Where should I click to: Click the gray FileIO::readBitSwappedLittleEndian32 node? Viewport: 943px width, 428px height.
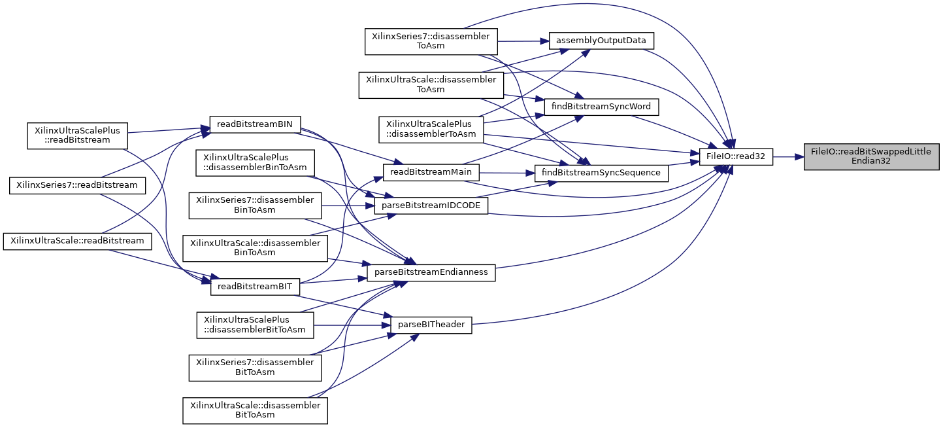tap(871, 156)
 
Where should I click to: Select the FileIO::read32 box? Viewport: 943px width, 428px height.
tap(736, 156)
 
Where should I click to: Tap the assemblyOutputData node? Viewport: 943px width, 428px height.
tap(601, 41)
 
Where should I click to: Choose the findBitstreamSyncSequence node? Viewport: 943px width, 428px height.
tap(601, 173)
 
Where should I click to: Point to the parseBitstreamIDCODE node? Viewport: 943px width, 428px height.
tap(431, 206)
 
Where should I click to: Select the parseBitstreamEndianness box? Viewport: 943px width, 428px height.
tap(431, 272)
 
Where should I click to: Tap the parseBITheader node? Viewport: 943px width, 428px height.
tap(431, 325)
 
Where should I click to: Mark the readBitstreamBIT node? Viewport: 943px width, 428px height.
tap(254, 286)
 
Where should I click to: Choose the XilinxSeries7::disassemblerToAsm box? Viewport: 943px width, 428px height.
tap(431, 41)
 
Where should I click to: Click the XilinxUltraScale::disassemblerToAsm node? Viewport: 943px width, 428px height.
tap(431, 84)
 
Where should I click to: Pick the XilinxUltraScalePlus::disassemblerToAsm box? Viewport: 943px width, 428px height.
tap(431, 129)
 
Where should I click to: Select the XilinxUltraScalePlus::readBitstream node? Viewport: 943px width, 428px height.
tap(77, 135)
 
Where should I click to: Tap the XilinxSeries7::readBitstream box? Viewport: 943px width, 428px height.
tap(77, 185)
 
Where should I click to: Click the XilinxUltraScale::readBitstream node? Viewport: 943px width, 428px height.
tap(77, 240)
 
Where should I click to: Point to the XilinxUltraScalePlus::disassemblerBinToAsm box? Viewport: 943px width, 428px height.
tap(256, 162)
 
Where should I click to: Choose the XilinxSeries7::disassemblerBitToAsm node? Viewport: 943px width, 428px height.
tap(255, 367)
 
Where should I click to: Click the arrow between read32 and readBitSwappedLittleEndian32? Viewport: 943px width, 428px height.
tap(788, 156)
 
